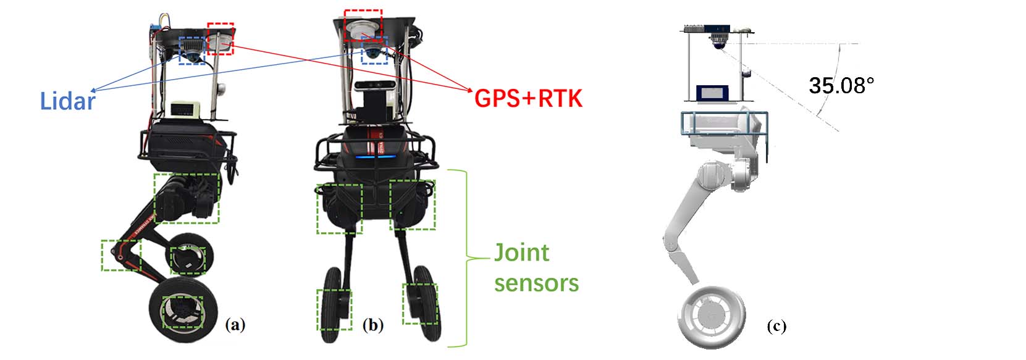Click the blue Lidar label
pyautogui.click(x=68, y=101)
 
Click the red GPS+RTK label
pyautogui.click(x=528, y=98)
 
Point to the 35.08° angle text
pyautogui.click(x=841, y=85)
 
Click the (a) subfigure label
pyautogui.click(x=235, y=324)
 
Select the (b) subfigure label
pyautogui.click(x=373, y=324)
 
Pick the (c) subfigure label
pyautogui.click(x=776, y=326)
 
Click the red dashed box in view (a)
pyautogui.click(x=220, y=38)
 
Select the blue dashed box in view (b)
pyautogui.click(x=374, y=51)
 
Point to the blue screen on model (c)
pyautogui.click(x=713, y=93)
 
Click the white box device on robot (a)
pyautogui.click(x=187, y=110)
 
